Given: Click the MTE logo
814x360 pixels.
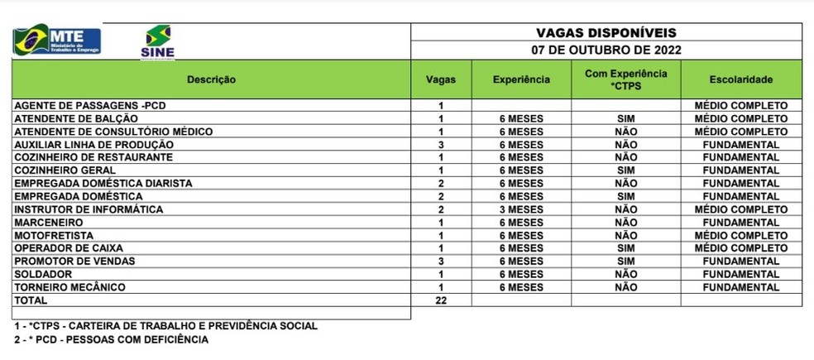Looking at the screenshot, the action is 56,40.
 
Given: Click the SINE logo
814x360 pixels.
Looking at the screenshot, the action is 158,41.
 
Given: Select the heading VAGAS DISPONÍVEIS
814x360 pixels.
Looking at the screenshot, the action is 606,33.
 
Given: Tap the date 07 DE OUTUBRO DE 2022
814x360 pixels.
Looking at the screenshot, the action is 606,50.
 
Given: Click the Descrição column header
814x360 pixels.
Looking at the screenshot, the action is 211,79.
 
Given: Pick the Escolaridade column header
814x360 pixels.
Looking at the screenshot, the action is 740,79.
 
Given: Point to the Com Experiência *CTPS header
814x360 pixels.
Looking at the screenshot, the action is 625,79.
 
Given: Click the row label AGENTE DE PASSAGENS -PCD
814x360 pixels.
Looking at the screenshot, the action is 96,105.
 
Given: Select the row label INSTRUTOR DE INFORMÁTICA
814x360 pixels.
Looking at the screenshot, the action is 89,209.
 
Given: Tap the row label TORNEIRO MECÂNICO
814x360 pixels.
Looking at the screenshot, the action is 69,287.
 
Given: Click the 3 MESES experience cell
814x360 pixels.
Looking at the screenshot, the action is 521,209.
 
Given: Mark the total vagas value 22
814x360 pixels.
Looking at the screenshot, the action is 441,300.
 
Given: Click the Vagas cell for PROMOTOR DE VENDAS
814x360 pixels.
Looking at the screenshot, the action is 441,262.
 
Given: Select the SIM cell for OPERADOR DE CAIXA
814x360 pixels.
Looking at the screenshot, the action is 625,248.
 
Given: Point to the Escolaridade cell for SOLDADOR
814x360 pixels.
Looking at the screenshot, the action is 740,275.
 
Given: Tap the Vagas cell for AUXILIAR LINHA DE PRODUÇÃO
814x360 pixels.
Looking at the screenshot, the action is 441,145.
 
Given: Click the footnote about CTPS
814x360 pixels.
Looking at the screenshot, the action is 165,326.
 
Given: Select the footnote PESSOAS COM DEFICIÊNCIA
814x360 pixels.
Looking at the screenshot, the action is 111,339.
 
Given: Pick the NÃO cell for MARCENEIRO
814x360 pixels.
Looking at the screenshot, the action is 625,223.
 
